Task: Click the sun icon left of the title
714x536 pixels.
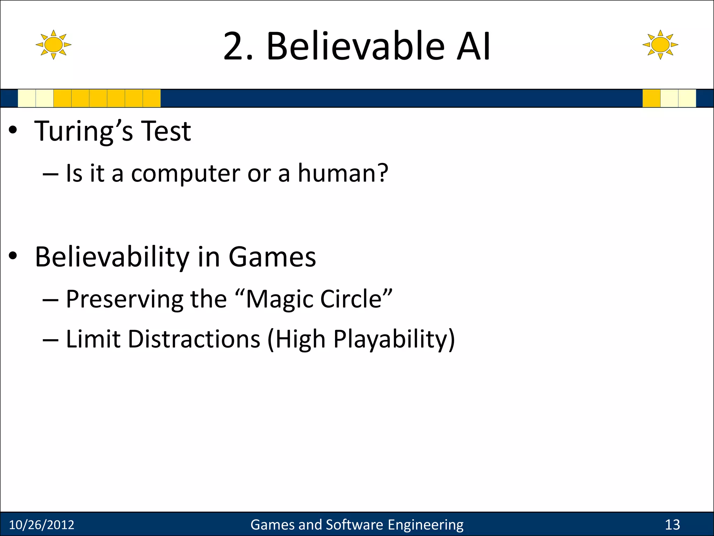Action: point(53,45)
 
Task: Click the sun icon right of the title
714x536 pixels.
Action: point(660,45)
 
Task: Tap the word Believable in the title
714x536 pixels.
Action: point(355,46)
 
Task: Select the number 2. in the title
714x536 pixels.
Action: point(238,46)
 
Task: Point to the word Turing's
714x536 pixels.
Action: point(84,131)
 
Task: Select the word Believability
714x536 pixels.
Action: point(112,258)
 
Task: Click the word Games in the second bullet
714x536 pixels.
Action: point(272,257)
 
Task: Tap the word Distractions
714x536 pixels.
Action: point(194,339)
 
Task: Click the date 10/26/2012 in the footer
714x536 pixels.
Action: point(41,525)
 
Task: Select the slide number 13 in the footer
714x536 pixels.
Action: point(672,525)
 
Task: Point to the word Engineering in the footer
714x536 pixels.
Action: point(425,525)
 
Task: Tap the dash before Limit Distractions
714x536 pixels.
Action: point(51,340)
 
